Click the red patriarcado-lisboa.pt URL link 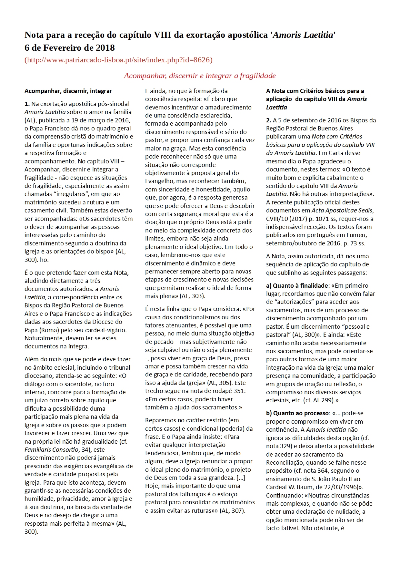coord(118,60)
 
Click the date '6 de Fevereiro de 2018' coord(70,48)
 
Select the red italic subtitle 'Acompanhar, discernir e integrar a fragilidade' coord(200,76)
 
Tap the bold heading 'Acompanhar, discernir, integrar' coord(68,91)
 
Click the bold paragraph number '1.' coord(27,104)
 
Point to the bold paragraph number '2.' coord(269,120)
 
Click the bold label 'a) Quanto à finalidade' coord(297,286)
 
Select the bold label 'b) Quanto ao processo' coord(296,413)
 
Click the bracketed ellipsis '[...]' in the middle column coord(241,478)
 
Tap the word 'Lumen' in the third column coord(357,235)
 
